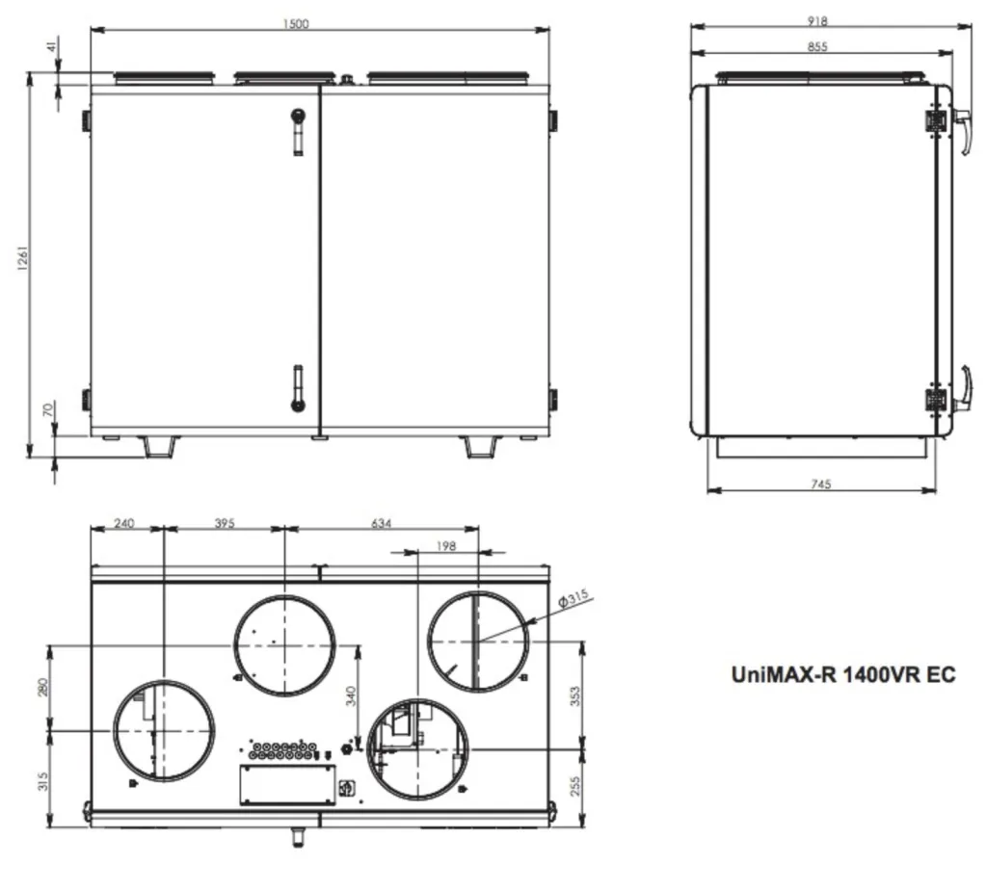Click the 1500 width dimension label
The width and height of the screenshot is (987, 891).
(296, 24)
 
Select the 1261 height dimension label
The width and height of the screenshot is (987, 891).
(23, 258)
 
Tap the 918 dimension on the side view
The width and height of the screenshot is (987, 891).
(817, 21)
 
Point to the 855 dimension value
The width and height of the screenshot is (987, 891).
(817, 46)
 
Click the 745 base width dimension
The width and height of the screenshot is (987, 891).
(821, 484)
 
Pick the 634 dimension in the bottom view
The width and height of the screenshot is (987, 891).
(381, 523)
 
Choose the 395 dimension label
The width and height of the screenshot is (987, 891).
(225, 523)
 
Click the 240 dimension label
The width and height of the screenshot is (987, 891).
(124, 523)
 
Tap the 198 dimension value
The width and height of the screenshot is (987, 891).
(445, 546)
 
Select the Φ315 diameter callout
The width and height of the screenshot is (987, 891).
(573, 597)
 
